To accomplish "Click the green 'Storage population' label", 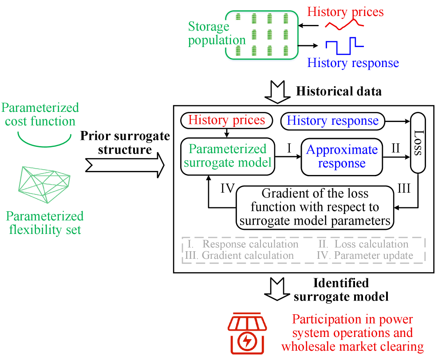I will tap(217, 33).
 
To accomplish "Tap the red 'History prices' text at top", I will tap(345, 12).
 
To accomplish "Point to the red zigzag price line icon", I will tap(344, 26).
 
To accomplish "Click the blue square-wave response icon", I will tap(344, 45).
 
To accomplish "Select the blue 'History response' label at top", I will tap(353, 63).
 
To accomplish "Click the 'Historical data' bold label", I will tap(339, 91).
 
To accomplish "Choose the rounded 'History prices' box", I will tap(227, 120).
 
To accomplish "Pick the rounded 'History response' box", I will tap(333, 121).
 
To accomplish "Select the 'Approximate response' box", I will tap(341, 157).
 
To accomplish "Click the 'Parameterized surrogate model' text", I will tap(227, 156).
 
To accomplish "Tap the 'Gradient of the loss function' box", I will tap(315, 208).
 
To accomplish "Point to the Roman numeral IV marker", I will tap(228, 189).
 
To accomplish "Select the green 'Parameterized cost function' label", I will tap(40, 115).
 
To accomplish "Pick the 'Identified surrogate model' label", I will tap(341, 289).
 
